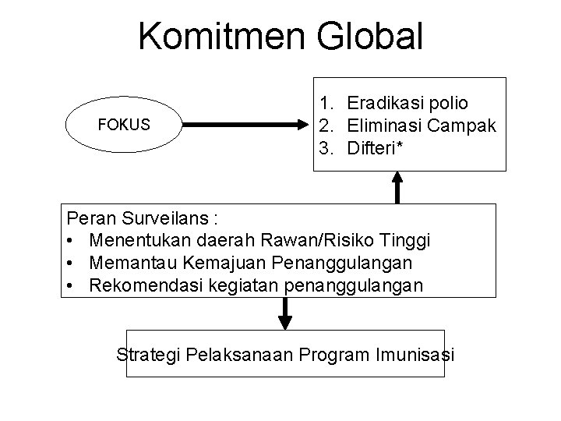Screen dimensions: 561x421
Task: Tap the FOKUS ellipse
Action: [x=124, y=125]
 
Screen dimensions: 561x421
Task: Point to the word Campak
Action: [x=462, y=125]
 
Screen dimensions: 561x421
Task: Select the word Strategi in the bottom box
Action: [x=148, y=355]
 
